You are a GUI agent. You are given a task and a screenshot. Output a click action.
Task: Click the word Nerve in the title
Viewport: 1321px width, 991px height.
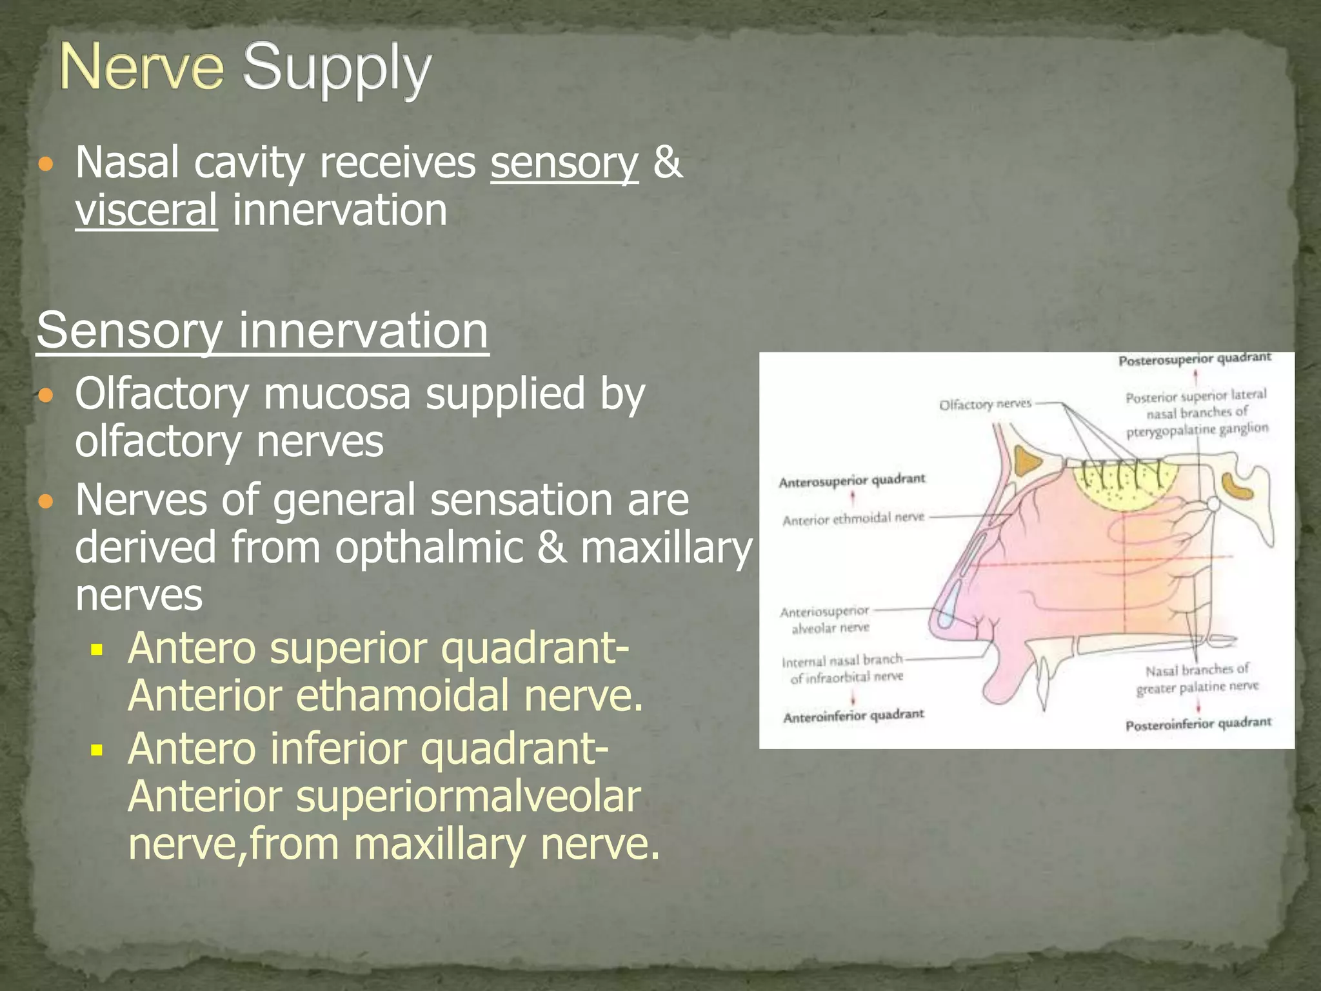pyautogui.click(x=142, y=67)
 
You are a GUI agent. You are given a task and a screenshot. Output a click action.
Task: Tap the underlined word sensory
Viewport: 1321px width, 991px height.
pyautogui.click(x=564, y=163)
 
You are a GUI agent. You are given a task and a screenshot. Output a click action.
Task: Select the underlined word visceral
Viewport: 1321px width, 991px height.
pyautogui.click(x=146, y=210)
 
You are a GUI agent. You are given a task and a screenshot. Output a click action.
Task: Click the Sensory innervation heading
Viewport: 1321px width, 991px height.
pyautogui.click(x=263, y=330)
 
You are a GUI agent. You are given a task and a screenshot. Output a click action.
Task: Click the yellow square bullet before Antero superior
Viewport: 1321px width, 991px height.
pyautogui.click(x=97, y=649)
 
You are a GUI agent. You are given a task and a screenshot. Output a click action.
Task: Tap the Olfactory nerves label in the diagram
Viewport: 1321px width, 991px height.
pyautogui.click(x=985, y=405)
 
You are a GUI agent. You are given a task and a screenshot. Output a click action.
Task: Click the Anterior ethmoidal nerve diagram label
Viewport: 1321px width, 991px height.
pyautogui.click(x=853, y=519)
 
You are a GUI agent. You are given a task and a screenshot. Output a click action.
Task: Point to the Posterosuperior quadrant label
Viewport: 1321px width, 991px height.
pyautogui.click(x=1195, y=359)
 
